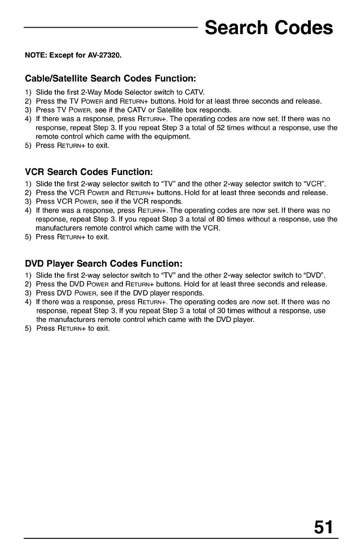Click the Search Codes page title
(268, 28)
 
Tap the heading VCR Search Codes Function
(88, 172)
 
